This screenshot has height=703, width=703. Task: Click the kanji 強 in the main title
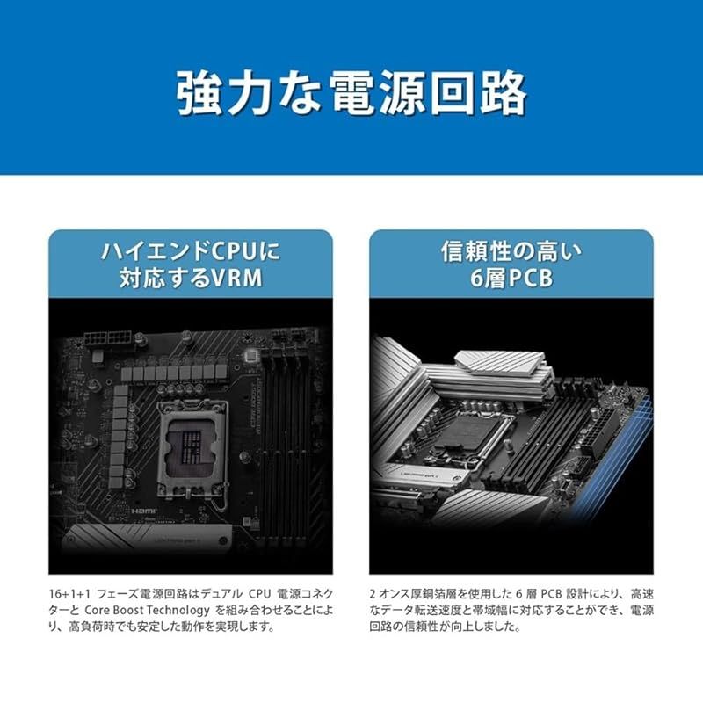pyautogui.click(x=201, y=93)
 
